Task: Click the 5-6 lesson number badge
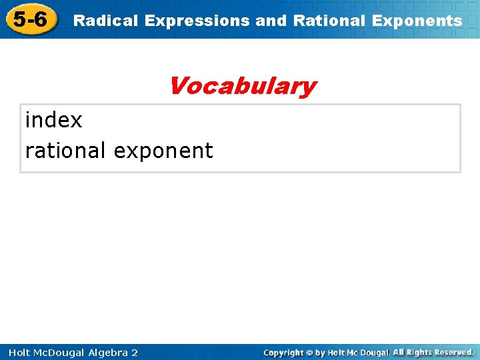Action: coord(30,19)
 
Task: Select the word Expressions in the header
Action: coord(197,21)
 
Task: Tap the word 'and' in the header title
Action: coord(271,21)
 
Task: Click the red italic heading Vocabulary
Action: coord(242,86)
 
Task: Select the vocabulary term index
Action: coord(53,120)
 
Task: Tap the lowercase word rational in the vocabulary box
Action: coord(65,151)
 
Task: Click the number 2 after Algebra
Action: coord(135,353)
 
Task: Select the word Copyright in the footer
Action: coord(283,353)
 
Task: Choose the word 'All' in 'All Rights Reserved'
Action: coord(399,352)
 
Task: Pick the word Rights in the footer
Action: coord(421,352)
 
